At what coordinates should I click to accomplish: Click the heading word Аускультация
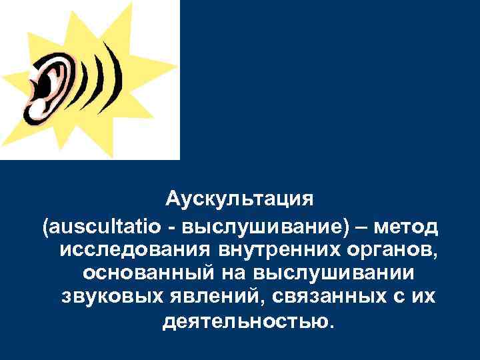pos(239,199)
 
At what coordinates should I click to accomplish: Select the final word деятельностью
pos(245,321)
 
